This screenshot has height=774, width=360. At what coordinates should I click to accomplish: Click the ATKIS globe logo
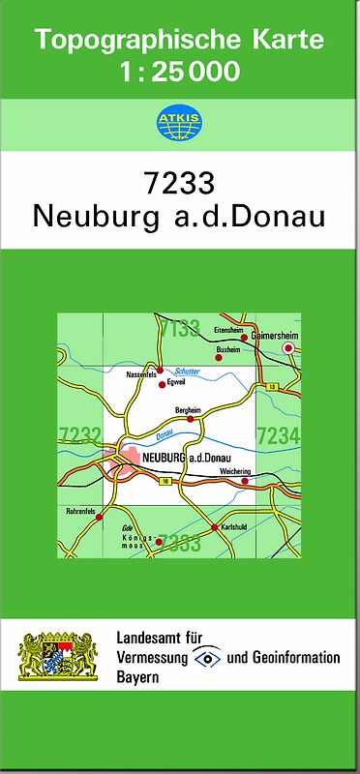[x=179, y=121]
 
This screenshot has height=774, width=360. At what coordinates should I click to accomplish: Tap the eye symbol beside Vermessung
[x=205, y=658]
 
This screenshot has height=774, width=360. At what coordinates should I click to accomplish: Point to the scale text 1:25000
[x=180, y=71]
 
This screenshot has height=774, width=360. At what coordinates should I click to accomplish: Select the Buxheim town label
[x=227, y=349]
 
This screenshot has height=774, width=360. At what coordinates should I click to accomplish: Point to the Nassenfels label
[x=140, y=373]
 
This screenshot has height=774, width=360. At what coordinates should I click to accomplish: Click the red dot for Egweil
[x=162, y=385]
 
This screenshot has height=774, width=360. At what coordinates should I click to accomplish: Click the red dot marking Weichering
[x=247, y=481]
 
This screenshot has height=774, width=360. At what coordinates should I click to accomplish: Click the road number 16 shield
[x=166, y=481]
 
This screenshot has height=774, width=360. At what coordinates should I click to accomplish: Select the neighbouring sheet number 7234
[x=278, y=436]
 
